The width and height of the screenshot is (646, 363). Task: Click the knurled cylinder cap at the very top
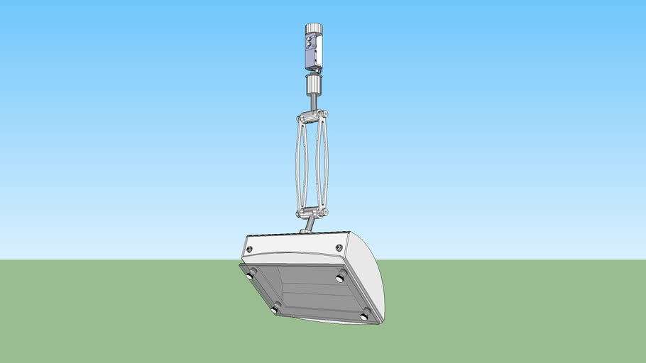pyautogui.click(x=314, y=29)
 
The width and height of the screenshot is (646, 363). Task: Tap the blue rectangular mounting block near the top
pyautogui.click(x=313, y=50)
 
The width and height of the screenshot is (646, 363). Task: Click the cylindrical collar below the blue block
pyautogui.click(x=313, y=86)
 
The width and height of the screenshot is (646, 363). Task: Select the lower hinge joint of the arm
pyautogui.click(x=312, y=213)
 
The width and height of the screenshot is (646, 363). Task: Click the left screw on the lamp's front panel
pyautogui.click(x=249, y=249)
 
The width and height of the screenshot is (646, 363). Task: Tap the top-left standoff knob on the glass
pyautogui.click(x=252, y=274)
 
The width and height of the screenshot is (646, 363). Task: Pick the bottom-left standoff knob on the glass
pyautogui.click(x=276, y=308)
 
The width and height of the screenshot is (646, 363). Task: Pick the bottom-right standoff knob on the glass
pyautogui.click(x=366, y=314)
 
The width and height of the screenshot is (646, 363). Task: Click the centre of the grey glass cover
pyautogui.click(x=310, y=291)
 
